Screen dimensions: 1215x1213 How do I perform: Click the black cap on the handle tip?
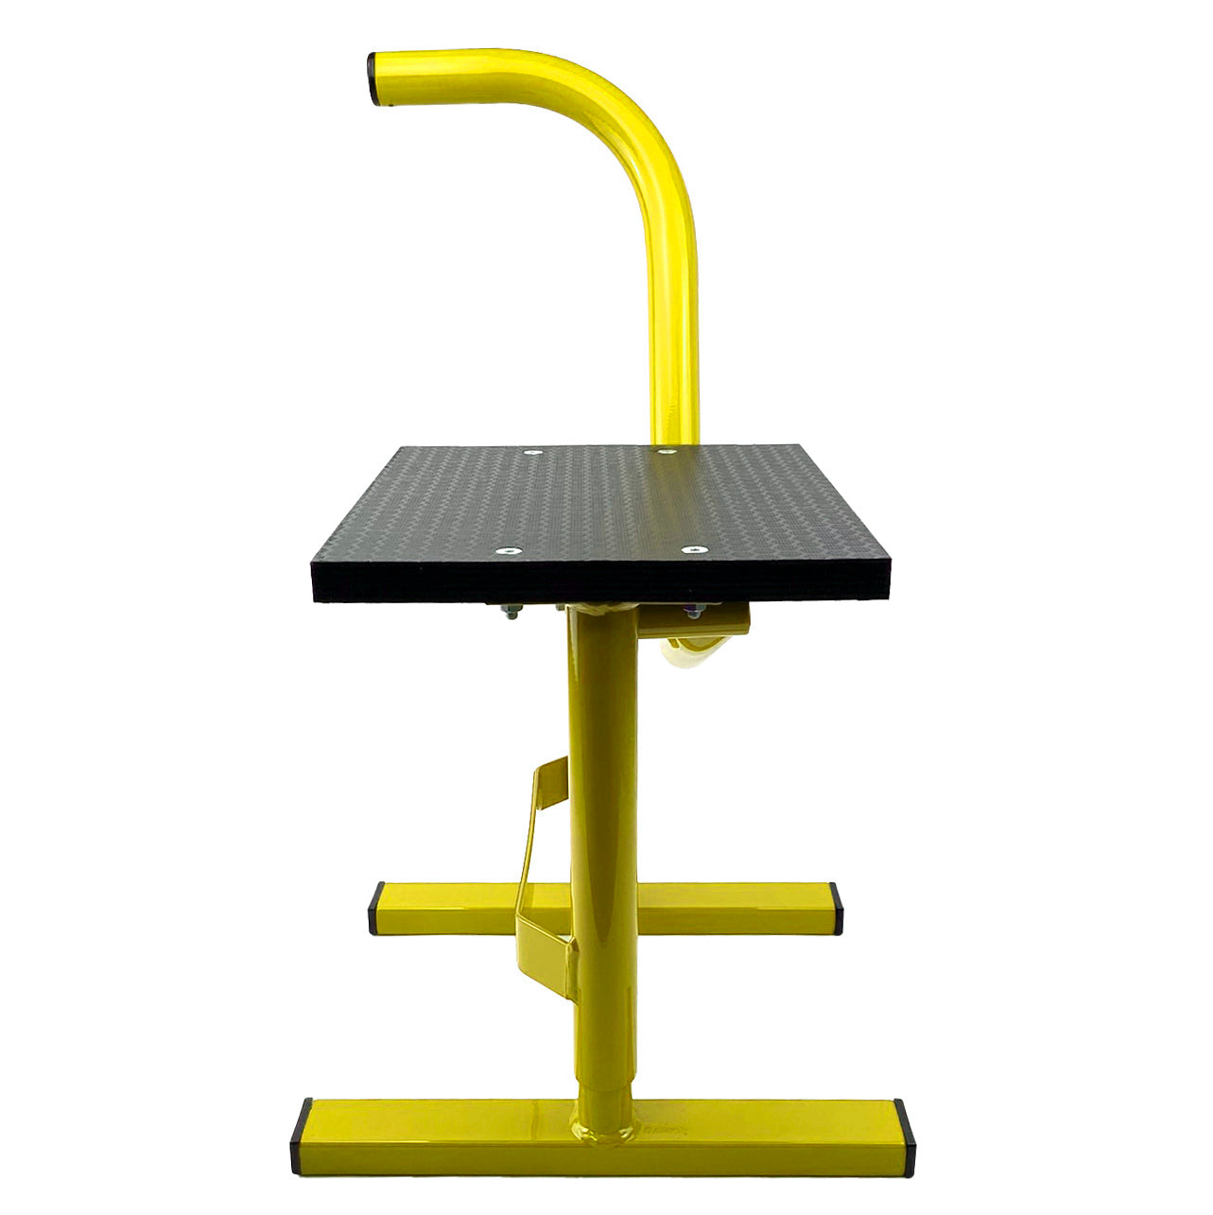376,78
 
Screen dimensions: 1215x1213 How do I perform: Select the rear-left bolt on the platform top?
532,453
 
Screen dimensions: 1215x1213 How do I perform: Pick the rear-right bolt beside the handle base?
667,453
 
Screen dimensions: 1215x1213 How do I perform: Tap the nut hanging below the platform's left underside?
511,615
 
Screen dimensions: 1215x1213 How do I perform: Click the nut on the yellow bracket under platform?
695,614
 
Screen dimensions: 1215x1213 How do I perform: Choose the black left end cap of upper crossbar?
377,908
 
